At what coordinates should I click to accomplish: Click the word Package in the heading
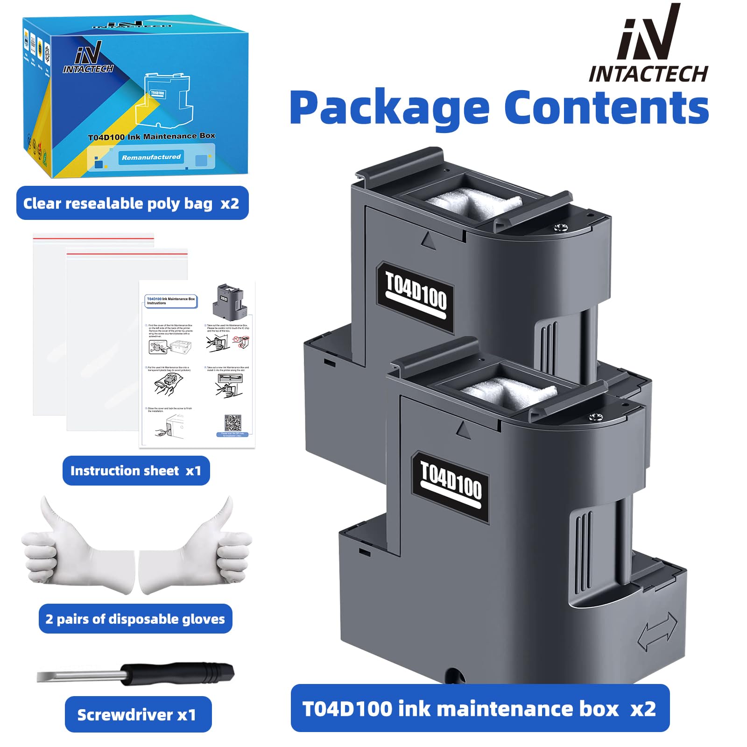(x=389, y=108)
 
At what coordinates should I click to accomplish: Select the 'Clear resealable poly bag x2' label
(x=132, y=203)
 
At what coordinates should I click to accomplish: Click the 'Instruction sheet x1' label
(x=136, y=471)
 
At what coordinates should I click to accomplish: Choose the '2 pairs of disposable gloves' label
(x=135, y=619)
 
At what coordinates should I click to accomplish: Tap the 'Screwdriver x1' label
(x=138, y=714)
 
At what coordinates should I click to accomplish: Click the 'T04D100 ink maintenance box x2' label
(x=479, y=708)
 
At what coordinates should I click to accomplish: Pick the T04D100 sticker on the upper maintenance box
(x=415, y=297)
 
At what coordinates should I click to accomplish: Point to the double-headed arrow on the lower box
(x=657, y=632)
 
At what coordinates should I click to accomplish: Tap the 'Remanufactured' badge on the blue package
(x=151, y=157)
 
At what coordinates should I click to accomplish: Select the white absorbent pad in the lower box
(x=509, y=392)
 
